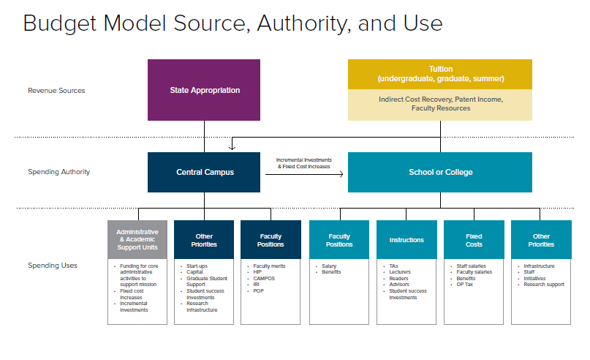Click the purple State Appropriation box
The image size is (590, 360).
click(x=205, y=90)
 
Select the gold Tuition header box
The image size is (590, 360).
click(x=440, y=74)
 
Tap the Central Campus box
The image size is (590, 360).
click(x=204, y=172)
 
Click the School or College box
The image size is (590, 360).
click(x=440, y=172)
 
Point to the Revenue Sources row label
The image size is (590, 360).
click(x=56, y=91)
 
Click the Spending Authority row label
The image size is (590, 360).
click(x=58, y=172)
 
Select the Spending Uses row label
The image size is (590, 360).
click(x=53, y=265)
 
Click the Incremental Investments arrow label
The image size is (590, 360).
click(x=303, y=163)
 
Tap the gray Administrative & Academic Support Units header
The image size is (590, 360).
click(x=137, y=240)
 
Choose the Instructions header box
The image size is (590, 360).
click(x=406, y=240)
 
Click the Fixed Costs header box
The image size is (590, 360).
click(x=474, y=240)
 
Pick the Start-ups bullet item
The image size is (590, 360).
click(x=197, y=266)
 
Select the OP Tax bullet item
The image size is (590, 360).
click(x=466, y=284)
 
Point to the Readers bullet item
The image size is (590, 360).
click(x=398, y=278)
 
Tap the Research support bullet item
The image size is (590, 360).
click(x=544, y=284)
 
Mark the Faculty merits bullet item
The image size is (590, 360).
click(x=268, y=266)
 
